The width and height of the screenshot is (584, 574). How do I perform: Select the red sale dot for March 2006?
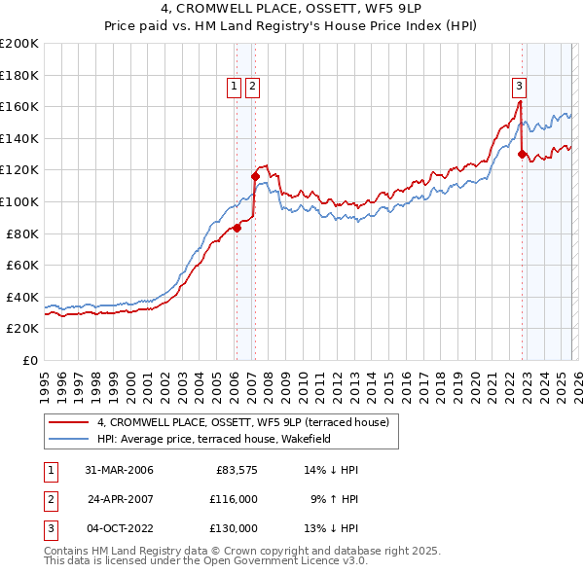pos(237,229)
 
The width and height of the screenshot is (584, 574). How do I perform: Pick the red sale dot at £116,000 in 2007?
pos(255,177)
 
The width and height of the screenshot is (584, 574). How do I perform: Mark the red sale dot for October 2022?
pos(523,154)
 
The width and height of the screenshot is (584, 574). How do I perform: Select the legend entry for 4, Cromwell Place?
pos(242,422)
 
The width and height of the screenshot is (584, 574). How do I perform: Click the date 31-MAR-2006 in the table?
pos(119,470)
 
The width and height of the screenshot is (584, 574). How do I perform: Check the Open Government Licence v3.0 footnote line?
pos(205,561)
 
